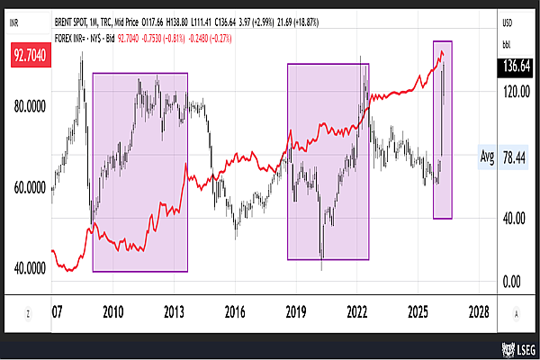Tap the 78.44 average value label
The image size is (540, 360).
pos(516,157)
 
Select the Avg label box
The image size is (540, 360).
pos(487,157)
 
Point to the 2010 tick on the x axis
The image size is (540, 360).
pos(112,311)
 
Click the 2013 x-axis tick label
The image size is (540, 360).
pos(174,311)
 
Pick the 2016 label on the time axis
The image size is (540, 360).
pos(235,311)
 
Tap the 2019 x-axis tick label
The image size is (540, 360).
pos(296,311)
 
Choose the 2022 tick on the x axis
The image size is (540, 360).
pos(357,311)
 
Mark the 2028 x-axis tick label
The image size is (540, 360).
pos(479,311)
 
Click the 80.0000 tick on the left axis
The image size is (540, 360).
pos(31,106)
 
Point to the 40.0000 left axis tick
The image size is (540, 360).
pos(31,268)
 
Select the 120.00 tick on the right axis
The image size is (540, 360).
pos(514,91)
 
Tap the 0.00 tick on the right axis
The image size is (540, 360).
pos(509,281)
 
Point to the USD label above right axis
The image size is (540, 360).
pos(508,24)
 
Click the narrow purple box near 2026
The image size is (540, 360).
pos(442,129)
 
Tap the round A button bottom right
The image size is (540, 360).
pos(516,311)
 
